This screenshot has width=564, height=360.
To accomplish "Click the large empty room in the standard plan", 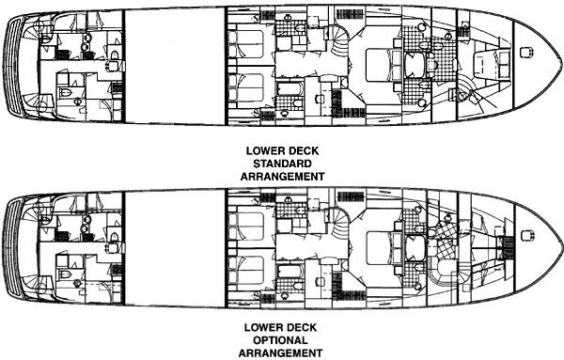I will point(174,67).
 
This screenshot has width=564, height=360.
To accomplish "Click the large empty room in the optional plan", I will point(174,244).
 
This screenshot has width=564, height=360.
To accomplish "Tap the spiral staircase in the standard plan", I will point(337,41).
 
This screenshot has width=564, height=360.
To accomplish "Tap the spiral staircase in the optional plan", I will point(337,220).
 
